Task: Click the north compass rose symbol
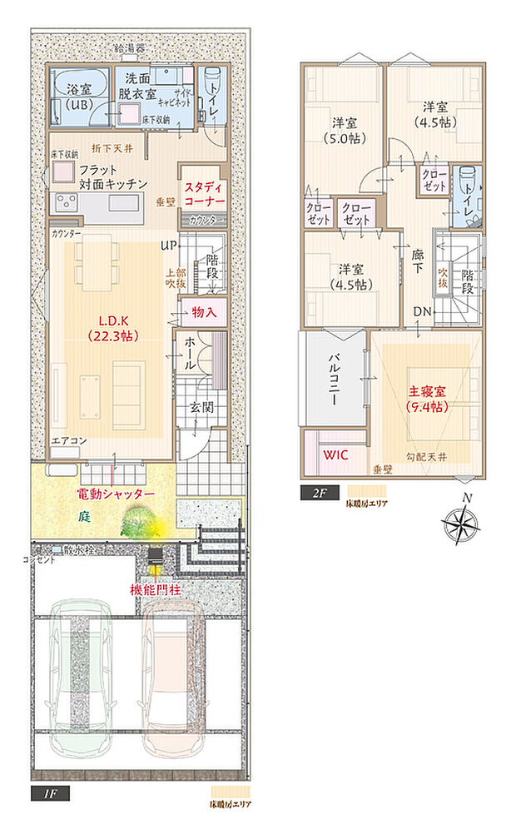pyautogui.click(x=460, y=523)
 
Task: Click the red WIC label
pyautogui.click(x=336, y=456)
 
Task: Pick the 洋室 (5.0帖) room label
pyautogui.click(x=341, y=132)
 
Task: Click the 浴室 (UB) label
pyautogui.click(x=73, y=94)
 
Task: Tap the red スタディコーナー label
pyautogui.click(x=204, y=195)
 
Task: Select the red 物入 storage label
pyautogui.click(x=203, y=313)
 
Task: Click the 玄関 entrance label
pyautogui.click(x=199, y=409)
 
